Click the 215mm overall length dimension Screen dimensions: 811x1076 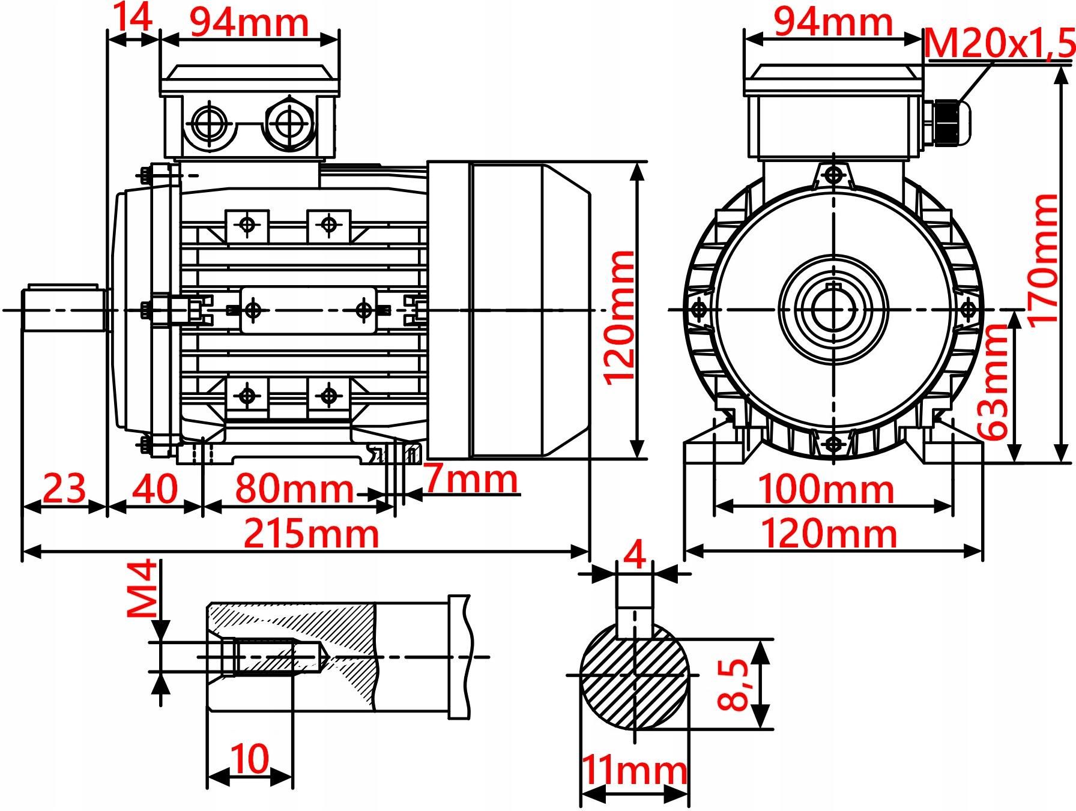[x=311, y=533]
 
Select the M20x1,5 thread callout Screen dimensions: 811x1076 [x=999, y=44]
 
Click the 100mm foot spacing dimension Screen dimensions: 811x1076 [x=827, y=489]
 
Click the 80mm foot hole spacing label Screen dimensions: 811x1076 [x=294, y=489]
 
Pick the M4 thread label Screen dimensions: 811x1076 [x=142, y=589]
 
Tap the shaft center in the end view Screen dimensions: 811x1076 [x=833, y=310]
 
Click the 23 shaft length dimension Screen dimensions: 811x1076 [x=64, y=489]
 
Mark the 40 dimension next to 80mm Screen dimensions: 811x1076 [x=155, y=489]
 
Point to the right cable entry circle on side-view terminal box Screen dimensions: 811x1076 [x=289, y=124]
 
